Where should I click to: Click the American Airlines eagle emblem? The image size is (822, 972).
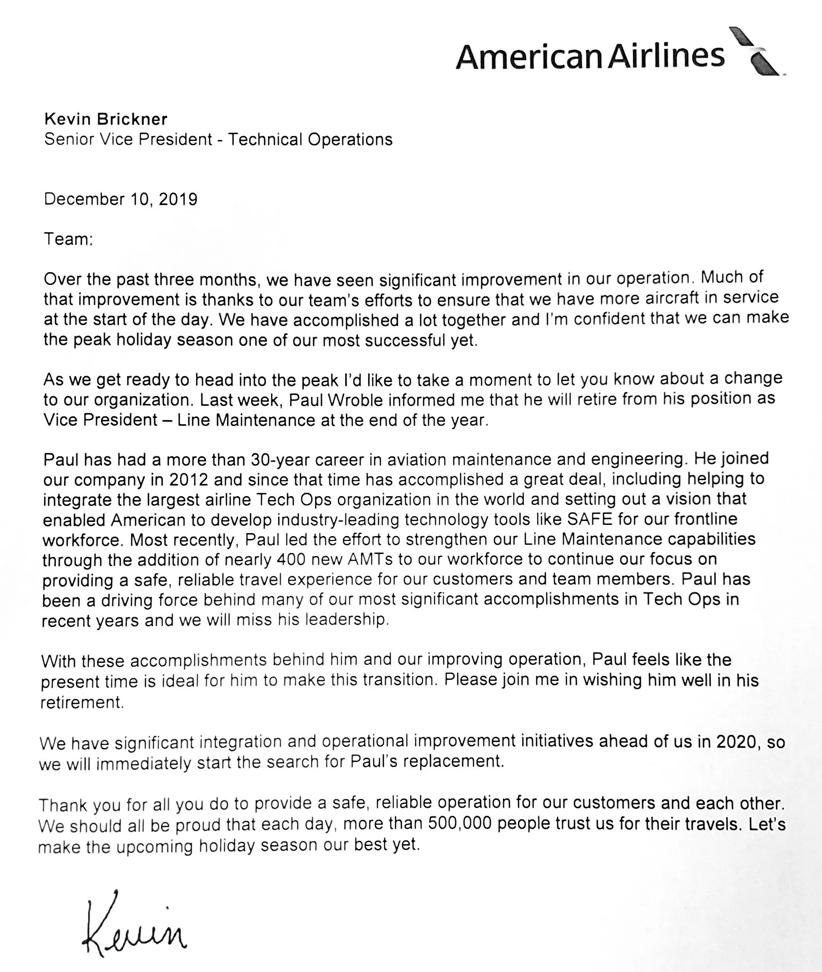coord(759,51)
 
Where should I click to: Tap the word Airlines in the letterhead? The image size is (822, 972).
coord(667,55)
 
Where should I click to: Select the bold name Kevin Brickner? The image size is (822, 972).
coord(106,119)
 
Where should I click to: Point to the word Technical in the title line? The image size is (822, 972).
coord(266,139)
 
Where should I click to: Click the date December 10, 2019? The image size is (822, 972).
coord(121,199)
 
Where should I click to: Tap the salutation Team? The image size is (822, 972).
coord(68,239)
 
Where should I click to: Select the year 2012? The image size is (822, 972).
coord(189,480)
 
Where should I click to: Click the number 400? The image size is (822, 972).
coord(291,560)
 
